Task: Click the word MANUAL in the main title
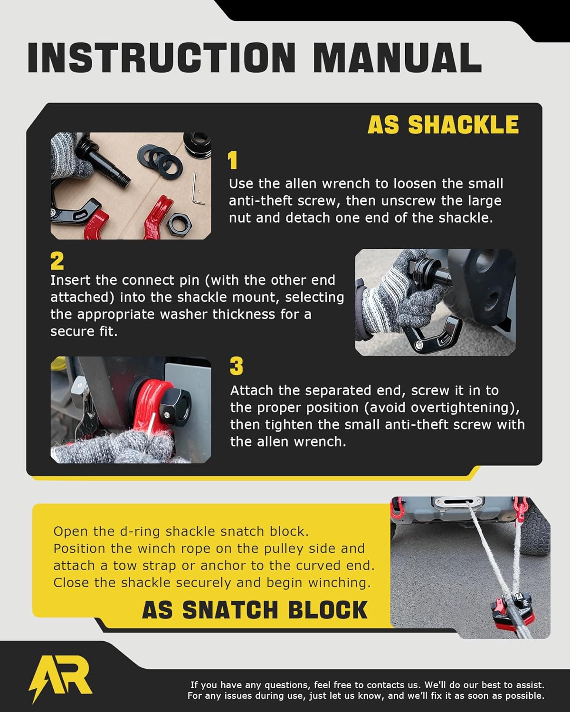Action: coord(397,57)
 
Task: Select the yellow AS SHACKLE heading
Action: coord(443,125)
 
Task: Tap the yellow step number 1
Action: coord(232,161)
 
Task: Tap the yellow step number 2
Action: coord(57,261)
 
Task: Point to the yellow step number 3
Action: coord(236,366)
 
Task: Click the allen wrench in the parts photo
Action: coord(199,188)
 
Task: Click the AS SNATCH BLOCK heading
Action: coord(255,610)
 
